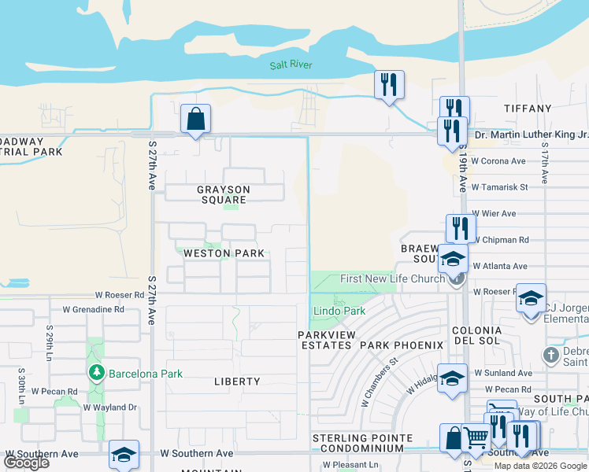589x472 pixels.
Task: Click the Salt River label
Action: pos(291,65)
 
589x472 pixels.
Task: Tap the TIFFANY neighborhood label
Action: pos(527,108)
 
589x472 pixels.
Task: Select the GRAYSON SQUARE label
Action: pos(223,194)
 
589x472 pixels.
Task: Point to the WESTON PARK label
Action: pos(224,253)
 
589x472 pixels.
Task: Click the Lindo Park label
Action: pos(339,311)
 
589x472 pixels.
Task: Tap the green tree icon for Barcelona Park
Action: pos(97,371)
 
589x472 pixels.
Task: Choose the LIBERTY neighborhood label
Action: pos(237,382)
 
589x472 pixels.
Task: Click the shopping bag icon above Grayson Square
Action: pos(195,120)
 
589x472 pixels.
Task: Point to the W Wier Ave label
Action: pos(494,213)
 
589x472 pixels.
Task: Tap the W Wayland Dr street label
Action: pos(109,407)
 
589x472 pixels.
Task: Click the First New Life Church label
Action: pos(391,279)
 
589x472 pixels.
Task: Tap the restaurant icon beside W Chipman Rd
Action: pos(461,228)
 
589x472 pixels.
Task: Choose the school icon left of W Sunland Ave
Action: pos(452,378)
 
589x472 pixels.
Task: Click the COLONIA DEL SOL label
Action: pos(477,337)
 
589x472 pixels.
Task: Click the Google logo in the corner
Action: pos(26,463)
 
